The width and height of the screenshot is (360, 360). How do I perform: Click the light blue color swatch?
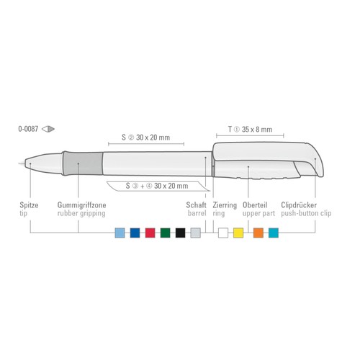tap(120, 233)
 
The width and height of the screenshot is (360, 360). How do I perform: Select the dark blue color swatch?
tap(135, 233)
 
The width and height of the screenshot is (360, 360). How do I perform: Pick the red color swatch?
tap(150, 233)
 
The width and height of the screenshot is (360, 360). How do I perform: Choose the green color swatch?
tap(166, 233)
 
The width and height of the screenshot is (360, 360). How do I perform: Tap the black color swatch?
tap(181, 233)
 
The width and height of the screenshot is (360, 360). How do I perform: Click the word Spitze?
tap(29, 205)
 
